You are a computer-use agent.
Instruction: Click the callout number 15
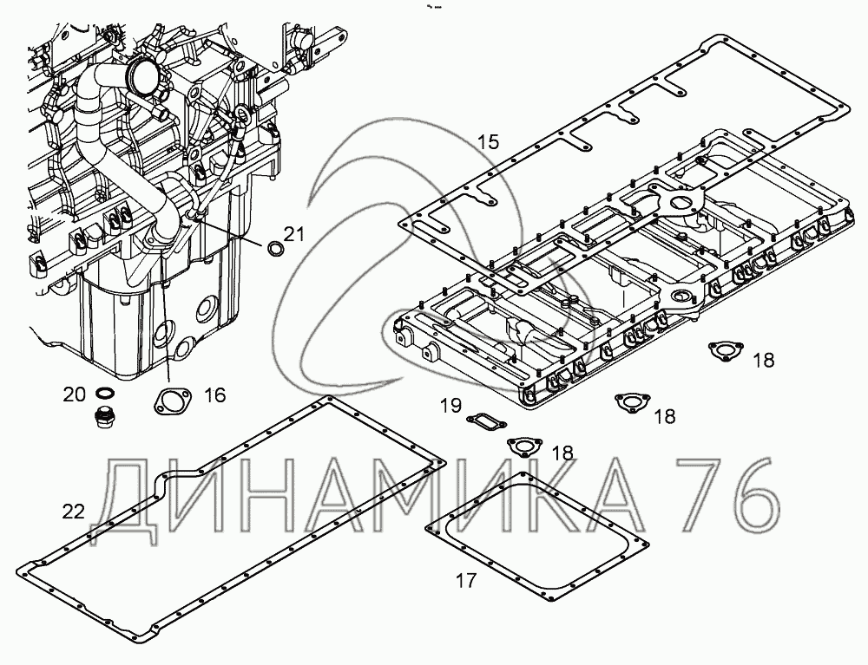(x=489, y=141)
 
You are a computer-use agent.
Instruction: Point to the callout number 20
(x=75, y=394)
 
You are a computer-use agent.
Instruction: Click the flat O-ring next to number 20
(x=102, y=394)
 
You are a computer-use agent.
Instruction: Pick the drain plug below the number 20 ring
(x=104, y=416)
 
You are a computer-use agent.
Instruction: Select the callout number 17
(x=466, y=581)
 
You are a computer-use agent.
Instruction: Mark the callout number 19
(x=449, y=405)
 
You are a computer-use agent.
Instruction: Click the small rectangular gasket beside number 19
(x=483, y=421)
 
